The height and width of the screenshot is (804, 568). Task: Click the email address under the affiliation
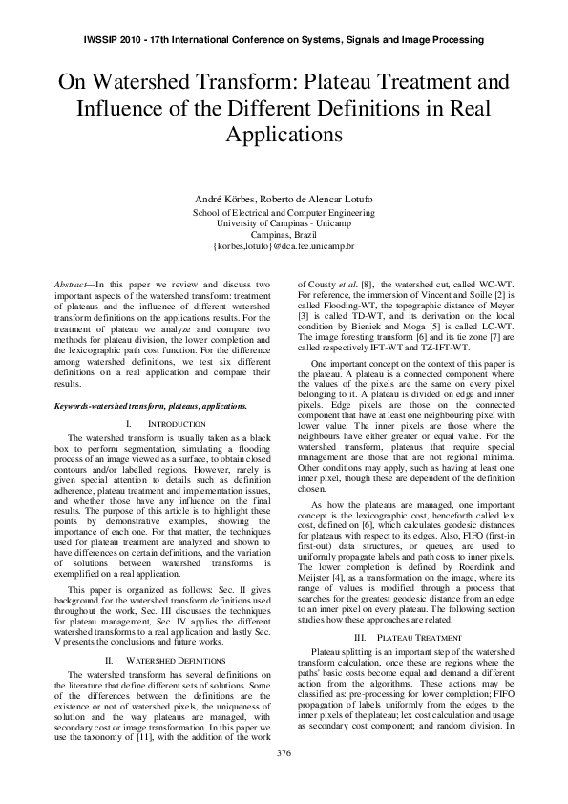(284, 245)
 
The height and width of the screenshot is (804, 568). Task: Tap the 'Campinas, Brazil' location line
(284, 234)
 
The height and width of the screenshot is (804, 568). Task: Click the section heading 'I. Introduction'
(166, 423)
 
